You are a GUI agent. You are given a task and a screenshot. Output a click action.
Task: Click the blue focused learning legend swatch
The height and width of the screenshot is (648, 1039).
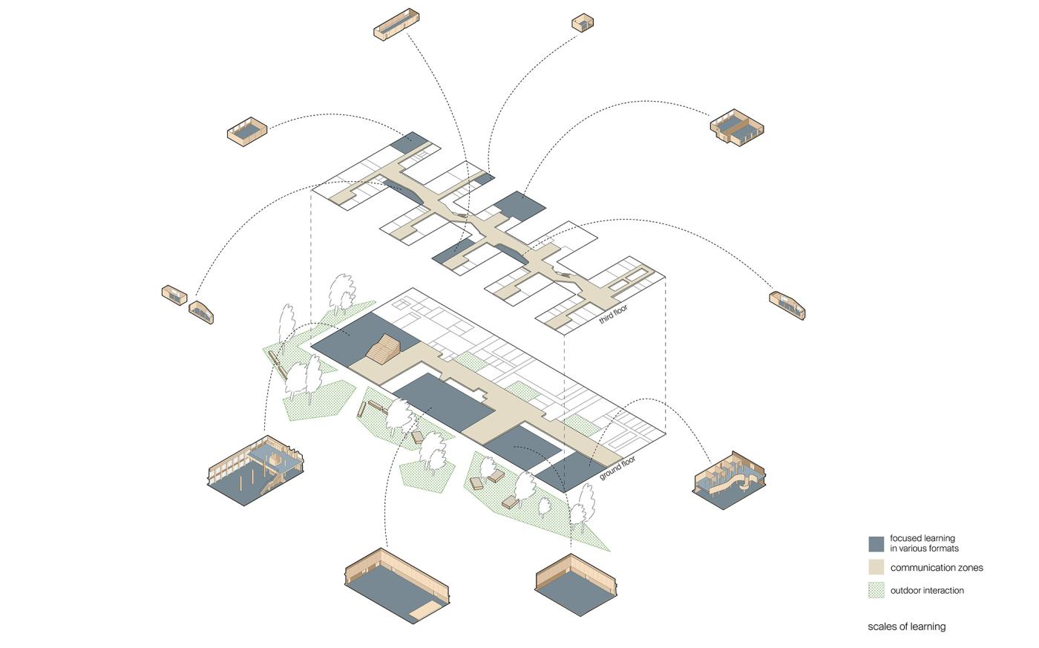click(876, 544)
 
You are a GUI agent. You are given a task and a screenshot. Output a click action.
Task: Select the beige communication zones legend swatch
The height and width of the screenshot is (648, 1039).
click(876, 567)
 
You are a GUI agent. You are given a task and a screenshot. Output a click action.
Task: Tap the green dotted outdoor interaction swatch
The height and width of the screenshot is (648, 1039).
click(876, 590)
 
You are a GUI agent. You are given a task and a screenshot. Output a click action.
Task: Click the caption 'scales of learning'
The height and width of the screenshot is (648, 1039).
click(906, 626)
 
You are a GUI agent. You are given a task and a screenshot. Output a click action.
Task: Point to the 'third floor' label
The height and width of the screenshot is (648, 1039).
click(613, 314)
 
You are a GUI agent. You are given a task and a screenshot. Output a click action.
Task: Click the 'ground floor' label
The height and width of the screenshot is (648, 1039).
click(617, 468)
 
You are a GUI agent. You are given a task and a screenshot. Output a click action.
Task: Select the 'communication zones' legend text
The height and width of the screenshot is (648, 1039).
click(937, 567)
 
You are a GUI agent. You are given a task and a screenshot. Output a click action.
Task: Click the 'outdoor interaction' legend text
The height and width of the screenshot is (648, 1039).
click(927, 591)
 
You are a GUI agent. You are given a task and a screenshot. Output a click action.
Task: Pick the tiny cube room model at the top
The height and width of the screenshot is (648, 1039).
click(583, 23)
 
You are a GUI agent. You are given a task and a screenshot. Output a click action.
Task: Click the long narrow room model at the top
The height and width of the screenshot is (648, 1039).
click(396, 24)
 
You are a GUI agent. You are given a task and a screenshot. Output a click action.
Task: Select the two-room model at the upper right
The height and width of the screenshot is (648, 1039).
click(736, 127)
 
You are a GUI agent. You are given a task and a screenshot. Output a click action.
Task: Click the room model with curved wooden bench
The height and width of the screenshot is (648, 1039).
click(729, 480)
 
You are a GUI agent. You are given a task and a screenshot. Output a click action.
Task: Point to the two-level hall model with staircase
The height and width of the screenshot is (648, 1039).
click(255, 471)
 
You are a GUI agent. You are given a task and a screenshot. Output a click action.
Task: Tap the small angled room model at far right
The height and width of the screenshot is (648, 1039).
click(787, 305)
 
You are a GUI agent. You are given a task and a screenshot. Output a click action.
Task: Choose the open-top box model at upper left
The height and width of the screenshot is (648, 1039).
click(247, 131)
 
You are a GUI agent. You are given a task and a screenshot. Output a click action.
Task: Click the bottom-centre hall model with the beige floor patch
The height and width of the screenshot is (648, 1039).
click(397, 586)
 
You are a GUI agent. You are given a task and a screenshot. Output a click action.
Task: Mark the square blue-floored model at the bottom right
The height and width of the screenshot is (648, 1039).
click(577, 584)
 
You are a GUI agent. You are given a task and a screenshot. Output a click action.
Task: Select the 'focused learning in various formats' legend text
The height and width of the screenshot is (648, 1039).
click(924, 543)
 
